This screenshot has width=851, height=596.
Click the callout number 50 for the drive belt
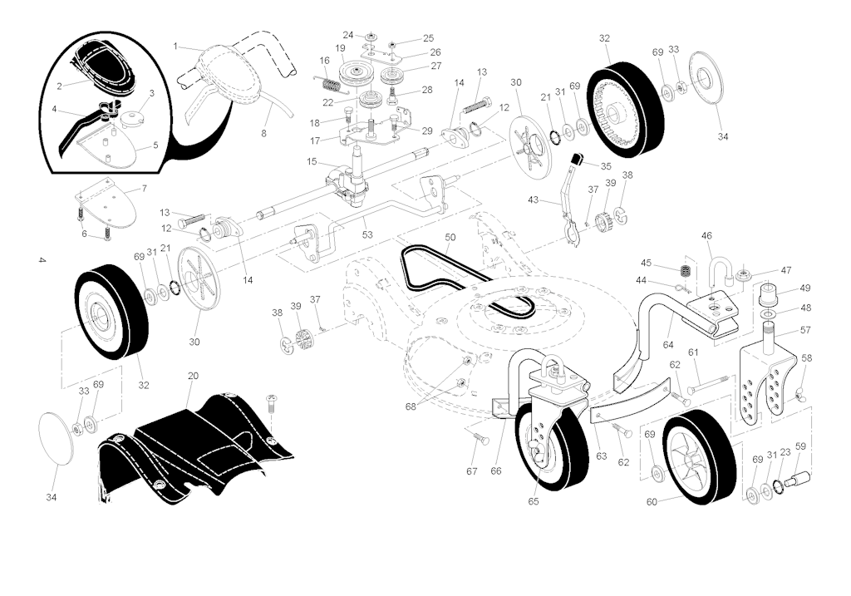[450, 237]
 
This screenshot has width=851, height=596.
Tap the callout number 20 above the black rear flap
[193, 376]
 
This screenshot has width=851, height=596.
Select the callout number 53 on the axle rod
[367, 234]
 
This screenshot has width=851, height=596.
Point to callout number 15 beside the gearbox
[312, 161]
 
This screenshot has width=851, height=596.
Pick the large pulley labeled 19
[355, 71]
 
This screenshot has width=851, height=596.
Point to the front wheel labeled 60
[699, 456]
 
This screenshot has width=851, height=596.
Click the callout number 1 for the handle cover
[175, 47]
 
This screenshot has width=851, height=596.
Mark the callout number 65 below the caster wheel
[534, 501]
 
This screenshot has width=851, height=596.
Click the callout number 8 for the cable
[263, 133]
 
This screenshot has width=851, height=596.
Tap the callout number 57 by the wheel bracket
[805, 330]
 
